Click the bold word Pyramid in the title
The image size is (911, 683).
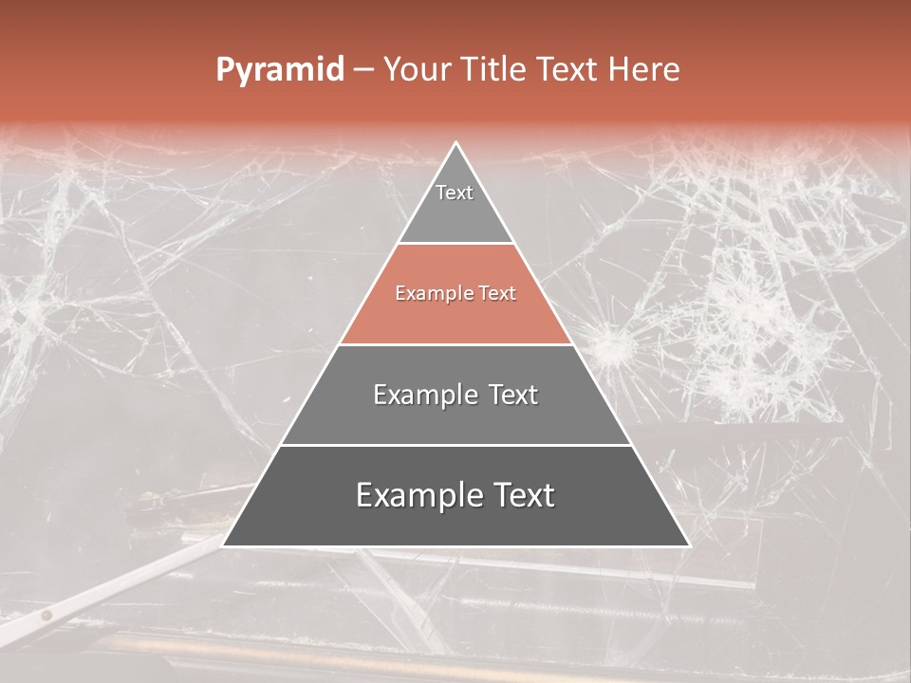point(279,70)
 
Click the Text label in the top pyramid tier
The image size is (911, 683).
point(455,193)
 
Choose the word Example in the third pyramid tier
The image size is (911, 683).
point(422,395)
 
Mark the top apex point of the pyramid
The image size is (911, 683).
point(456,143)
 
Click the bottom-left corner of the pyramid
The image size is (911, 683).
point(224,545)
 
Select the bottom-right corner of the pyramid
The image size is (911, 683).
point(689,545)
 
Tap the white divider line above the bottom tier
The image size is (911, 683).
point(455,445)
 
